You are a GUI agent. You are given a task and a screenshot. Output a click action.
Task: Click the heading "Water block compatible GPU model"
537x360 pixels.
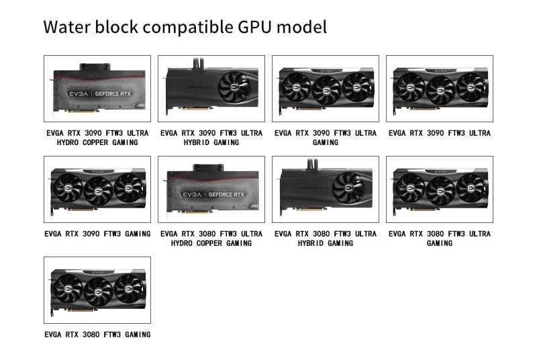[185, 28]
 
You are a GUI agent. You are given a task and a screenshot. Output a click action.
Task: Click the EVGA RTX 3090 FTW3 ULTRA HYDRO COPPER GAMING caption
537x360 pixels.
[97, 138]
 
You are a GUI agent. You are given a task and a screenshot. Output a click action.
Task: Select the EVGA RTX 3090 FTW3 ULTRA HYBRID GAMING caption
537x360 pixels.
[211, 138]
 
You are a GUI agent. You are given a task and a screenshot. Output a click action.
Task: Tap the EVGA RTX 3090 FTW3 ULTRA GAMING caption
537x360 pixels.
[325, 138]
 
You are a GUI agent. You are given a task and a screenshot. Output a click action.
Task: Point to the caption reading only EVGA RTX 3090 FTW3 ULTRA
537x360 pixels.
[439, 133]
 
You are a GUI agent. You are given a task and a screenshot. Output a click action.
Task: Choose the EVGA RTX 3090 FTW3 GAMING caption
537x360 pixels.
[97, 234]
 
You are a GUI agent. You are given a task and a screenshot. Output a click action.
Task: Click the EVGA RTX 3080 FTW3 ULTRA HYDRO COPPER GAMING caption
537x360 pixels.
[211, 238]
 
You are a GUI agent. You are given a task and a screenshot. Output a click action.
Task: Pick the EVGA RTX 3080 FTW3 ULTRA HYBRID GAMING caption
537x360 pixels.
[325, 238]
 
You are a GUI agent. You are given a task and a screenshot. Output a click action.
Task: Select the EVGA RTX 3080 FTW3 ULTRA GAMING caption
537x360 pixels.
[439, 238]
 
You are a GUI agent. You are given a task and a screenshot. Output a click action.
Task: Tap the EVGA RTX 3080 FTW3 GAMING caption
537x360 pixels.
[97, 334]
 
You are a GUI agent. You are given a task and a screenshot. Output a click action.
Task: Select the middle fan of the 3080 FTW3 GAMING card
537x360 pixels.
[97, 289]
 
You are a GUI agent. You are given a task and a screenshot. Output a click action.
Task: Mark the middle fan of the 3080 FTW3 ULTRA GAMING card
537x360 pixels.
[439, 188]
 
